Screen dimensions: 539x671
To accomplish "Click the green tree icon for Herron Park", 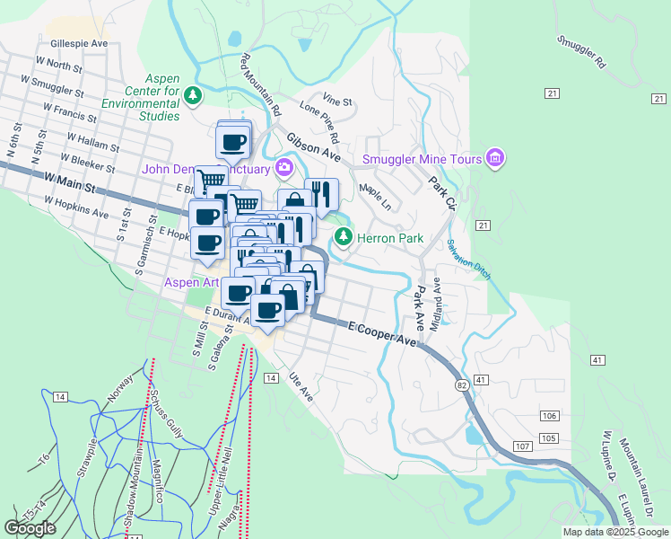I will pos(342,237).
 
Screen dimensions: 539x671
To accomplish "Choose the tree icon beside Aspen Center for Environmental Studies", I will pos(192,94).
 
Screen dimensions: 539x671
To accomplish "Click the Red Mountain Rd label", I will pos(262,85).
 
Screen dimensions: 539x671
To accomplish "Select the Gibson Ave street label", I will pos(314,146).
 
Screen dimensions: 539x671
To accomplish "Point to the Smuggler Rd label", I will pos(581,53).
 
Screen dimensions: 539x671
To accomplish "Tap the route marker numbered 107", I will pos(523,446).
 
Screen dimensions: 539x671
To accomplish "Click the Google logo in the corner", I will pos(30,528).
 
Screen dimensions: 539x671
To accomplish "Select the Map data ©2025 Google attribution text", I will pos(614,532).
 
